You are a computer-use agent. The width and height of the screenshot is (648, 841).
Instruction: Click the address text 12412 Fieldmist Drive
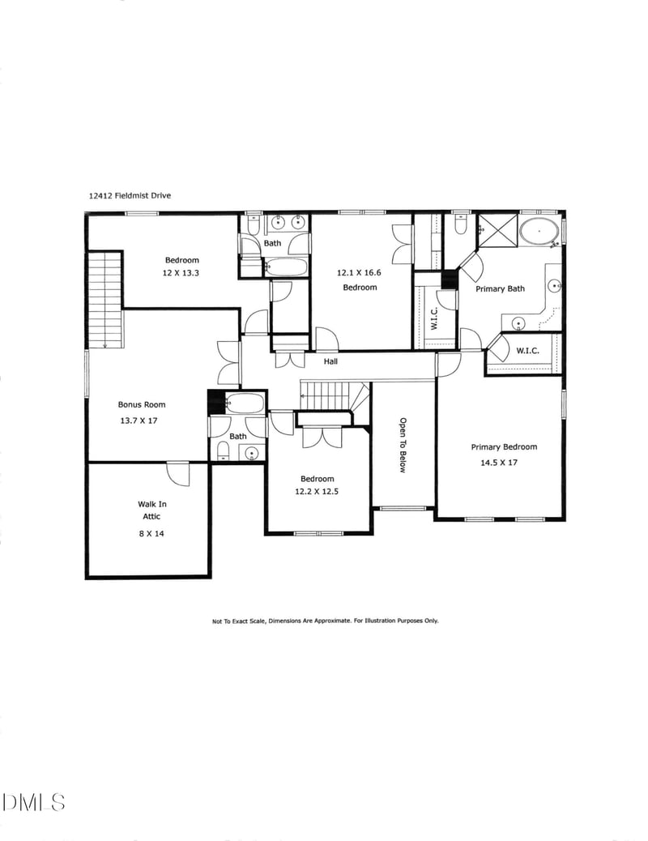130,195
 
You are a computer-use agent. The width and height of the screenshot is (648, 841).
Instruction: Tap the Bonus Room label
142,404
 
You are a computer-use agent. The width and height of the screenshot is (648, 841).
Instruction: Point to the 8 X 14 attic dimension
151,534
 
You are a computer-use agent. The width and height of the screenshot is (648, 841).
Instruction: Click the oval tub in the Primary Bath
538,231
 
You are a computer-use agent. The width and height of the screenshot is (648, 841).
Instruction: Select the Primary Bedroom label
504,446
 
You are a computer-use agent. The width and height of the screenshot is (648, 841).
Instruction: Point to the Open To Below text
402,445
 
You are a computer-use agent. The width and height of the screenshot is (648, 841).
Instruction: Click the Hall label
330,361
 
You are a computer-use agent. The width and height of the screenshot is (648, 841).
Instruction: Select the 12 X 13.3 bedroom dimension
181,273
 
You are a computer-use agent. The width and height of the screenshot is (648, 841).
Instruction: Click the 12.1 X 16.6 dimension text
359,273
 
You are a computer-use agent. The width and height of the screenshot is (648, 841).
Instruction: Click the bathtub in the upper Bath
286,267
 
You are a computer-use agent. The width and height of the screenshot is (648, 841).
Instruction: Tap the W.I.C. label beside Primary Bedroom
527,352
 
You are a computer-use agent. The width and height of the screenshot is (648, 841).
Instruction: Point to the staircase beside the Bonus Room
104,300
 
